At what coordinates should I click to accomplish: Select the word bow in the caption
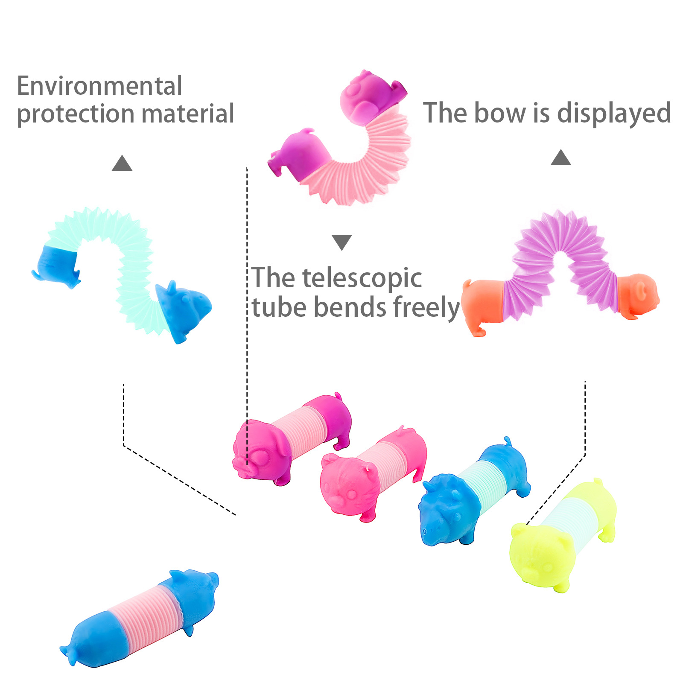tap(500, 113)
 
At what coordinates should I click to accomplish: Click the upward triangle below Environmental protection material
tap(122, 163)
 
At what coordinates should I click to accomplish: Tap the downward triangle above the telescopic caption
tap(341, 242)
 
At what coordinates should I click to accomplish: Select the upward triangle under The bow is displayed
tap(561, 158)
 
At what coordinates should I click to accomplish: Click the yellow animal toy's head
tap(538, 555)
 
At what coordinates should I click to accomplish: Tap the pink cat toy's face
tap(346, 487)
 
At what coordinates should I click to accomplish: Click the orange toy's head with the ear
tap(638, 295)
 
